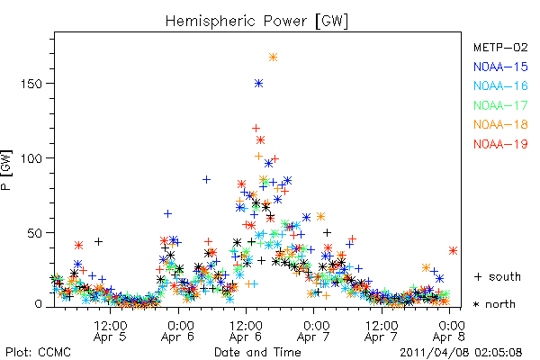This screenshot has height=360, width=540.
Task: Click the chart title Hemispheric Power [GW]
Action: [x=256, y=21]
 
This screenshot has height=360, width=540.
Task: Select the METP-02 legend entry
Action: [x=500, y=47]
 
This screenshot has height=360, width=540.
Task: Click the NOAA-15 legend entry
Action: [x=500, y=67]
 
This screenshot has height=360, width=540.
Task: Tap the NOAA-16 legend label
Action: [x=500, y=85]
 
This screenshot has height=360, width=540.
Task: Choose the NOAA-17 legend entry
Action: [x=500, y=105]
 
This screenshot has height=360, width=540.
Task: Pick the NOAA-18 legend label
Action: [x=500, y=124]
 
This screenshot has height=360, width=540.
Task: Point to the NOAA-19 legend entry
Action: [x=500, y=144]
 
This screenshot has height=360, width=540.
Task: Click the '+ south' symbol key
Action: [x=498, y=276]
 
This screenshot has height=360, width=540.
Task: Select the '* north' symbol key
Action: [x=494, y=304]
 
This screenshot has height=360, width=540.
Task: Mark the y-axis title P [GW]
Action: [x=6, y=170]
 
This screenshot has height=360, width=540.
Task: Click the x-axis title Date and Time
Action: [x=257, y=353]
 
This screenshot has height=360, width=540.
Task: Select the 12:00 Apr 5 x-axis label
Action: [x=110, y=331]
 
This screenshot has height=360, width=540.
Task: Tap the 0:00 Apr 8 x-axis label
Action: [x=449, y=331]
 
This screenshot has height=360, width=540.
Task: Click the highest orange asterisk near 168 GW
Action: [x=273, y=58]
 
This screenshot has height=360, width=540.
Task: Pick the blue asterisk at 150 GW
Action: [x=259, y=84]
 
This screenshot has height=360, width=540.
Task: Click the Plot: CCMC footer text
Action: [x=38, y=353]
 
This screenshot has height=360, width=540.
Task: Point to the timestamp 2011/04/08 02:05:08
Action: [x=461, y=353]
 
